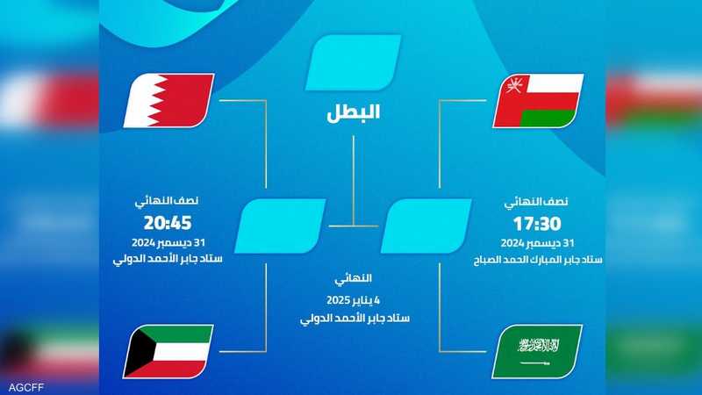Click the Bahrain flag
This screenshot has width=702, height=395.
click(x=168, y=100)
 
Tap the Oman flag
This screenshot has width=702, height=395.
click(x=538, y=101)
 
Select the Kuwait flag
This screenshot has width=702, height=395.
click(x=168, y=352)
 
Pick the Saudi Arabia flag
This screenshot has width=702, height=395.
click(x=537, y=352)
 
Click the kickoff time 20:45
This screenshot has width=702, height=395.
click(x=168, y=223)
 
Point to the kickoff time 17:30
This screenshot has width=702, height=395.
click(x=537, y=224)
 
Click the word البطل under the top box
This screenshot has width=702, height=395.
click(x=354, y=112)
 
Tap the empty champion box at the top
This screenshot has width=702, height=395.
click(x=354, y=62)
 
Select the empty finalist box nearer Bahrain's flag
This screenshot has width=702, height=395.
click(x=280, y=226)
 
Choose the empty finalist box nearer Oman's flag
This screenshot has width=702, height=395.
click(x=426, y=226)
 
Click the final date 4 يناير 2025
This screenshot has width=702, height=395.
click(x=354, y=300)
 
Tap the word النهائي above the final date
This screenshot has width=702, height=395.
click(x=354, y=278)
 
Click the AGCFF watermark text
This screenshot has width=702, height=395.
click(x=26, y=387)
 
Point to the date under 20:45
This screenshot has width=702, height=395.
click(x=168, y=243)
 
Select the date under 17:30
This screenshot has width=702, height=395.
click(x=537, y=243)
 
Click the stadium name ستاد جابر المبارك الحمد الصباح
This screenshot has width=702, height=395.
click(x=538, y=260)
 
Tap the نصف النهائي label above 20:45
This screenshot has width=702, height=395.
click(x=167, y=201)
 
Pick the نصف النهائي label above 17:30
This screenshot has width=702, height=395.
click(x=536, y=202)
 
